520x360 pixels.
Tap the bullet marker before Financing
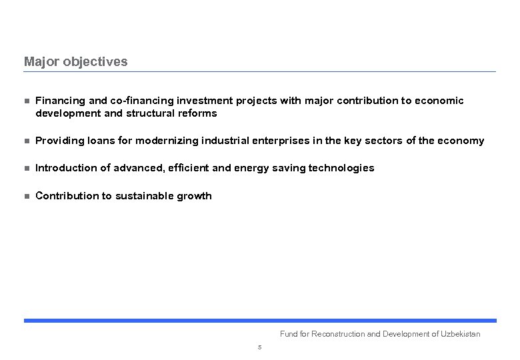click(27, 101)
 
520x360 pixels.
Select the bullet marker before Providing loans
click(27, 141)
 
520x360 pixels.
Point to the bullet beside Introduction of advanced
click(27, 169)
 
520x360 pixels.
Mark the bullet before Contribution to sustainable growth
click(27, 197)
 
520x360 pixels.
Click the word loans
click(102, 141)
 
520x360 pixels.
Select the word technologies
click(341, 168)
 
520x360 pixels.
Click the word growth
click(195, 196)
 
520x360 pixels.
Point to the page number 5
click(259, 347)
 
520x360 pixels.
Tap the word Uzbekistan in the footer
click(460, 334)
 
